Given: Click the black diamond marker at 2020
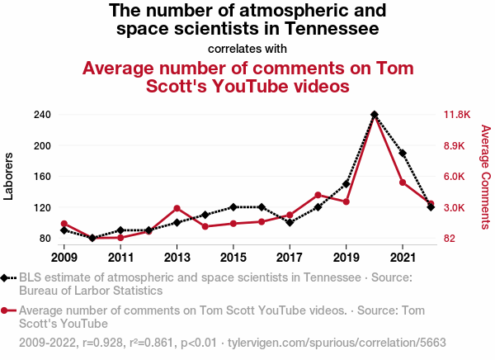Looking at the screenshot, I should coord(375,115).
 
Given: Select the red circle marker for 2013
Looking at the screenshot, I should coord(177,208).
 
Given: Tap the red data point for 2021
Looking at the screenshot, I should coord(403,182).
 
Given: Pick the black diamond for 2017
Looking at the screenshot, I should coord(290,223).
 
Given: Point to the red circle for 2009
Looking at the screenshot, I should coord(64,224).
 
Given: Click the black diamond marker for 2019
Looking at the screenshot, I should coord(346,183).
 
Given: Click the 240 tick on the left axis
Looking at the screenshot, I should coord(43,115).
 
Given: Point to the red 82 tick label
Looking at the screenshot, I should coord(450,239).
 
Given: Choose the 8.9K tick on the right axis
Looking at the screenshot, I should coord(455,145).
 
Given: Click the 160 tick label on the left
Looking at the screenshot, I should coord(43,177).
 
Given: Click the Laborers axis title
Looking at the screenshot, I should coord(10,176).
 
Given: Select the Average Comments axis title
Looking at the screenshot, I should coord(485,177).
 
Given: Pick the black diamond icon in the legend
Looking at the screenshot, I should coord(7,277).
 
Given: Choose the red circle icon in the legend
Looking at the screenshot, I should coord(7,310).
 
